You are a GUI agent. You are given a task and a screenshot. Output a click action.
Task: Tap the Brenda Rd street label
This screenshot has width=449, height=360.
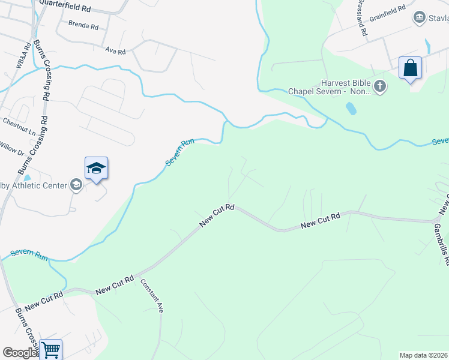(x=83, y=26)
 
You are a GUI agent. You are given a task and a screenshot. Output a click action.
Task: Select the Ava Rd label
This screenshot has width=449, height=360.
(x=115, y=52)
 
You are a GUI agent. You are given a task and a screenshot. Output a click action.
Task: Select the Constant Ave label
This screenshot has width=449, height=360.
(x=152, y=296)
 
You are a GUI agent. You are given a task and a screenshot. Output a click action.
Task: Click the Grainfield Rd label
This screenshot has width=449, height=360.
(x=387, y=13)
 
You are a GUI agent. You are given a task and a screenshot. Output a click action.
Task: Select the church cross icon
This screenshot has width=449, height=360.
(x=379, y=88)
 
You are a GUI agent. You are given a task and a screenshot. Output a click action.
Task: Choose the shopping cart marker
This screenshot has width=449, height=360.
(x=51, y=349)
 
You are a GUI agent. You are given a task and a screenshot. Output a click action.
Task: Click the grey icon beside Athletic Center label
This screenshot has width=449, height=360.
(x=76, y=185)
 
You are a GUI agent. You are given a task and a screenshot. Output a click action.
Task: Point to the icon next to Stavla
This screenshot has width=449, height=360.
(x=419, y=17)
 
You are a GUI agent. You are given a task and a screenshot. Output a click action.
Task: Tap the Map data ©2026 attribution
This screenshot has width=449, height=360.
(x=424, y=355)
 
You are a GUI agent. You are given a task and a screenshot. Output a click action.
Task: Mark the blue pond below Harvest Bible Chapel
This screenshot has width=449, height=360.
(x=351, y=109)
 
